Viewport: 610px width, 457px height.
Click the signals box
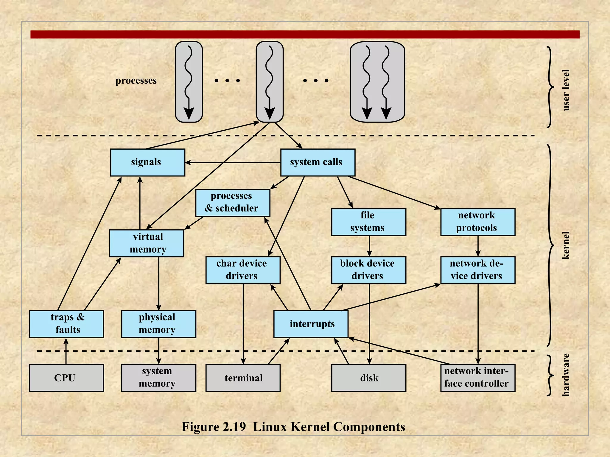[147, 162]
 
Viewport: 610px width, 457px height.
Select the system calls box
[318, 162]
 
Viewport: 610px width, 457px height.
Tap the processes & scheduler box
[233, 203]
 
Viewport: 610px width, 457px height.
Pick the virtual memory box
[147, 243]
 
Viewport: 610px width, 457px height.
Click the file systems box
[368, 222]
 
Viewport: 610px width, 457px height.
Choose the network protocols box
[477, 222]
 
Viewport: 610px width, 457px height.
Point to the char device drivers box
[243, 270]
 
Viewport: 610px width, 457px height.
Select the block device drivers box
[368, 270]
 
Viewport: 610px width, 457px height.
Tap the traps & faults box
[66, 324]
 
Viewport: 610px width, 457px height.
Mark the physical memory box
[158, 324]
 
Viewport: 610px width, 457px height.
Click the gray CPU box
[66, 378]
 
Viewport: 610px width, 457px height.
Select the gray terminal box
[243, 378]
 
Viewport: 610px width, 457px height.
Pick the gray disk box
[368, 378]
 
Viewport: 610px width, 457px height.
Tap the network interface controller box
[477, 378]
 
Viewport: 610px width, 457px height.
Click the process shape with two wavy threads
[377, 82]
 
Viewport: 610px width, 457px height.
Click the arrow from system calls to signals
[232, 163]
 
